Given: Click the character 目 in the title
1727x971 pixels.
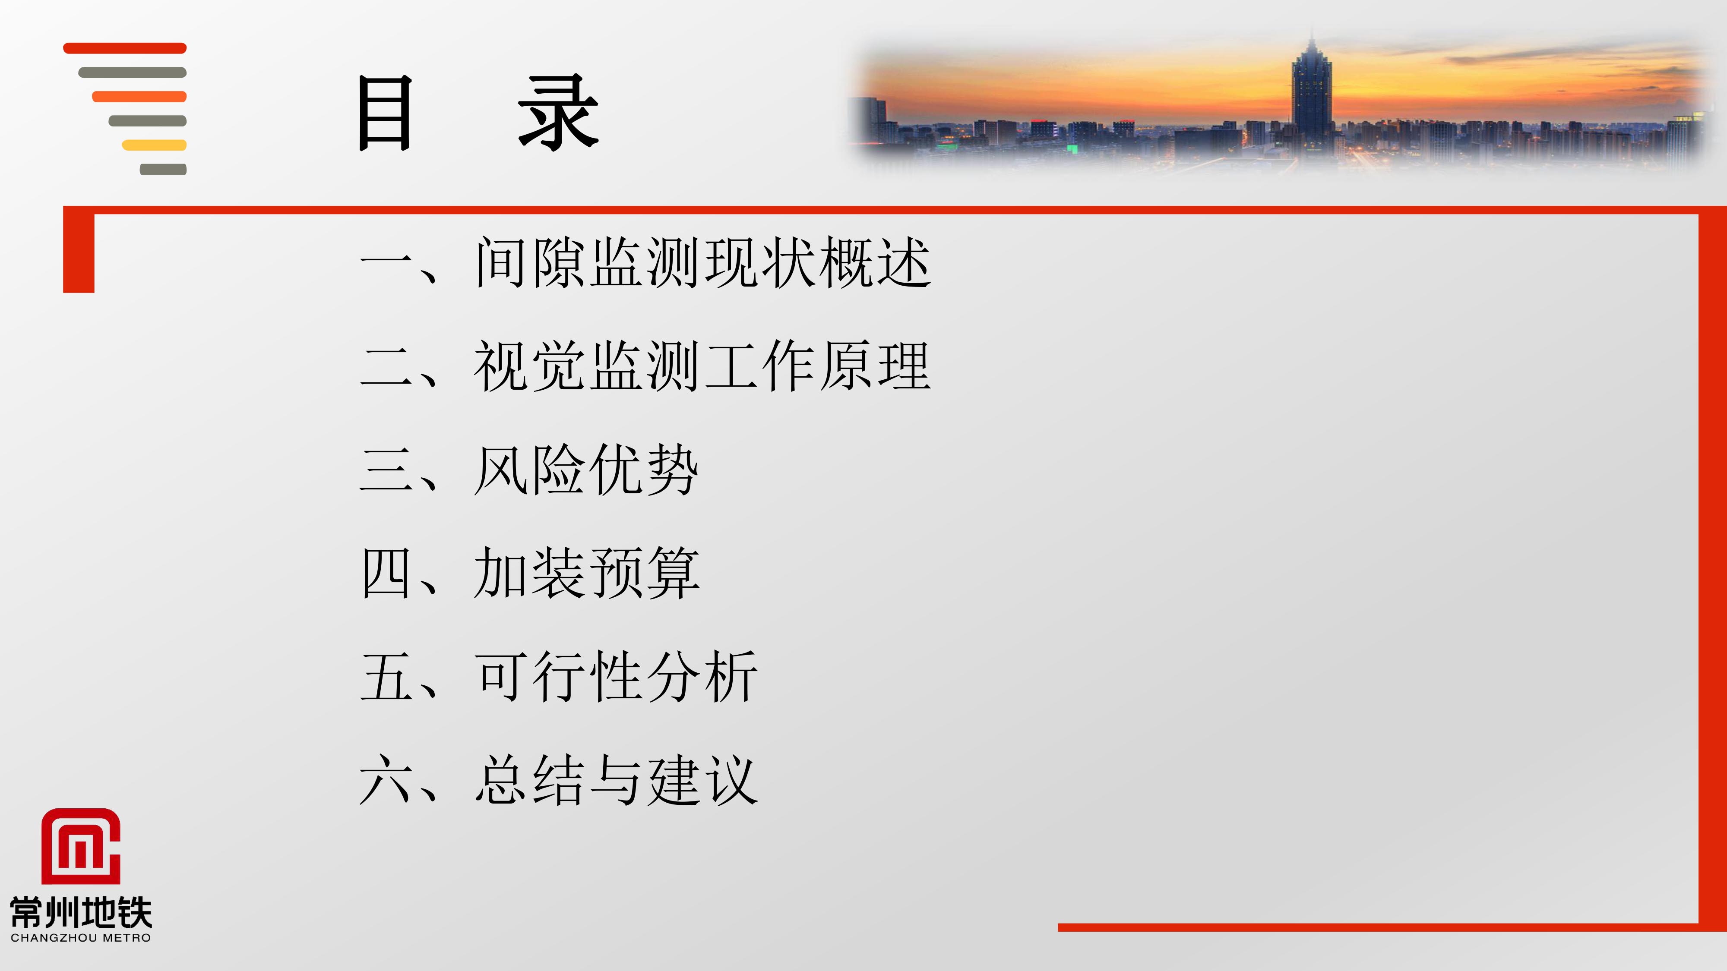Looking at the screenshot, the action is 384,113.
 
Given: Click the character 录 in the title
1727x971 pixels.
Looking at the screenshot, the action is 558,113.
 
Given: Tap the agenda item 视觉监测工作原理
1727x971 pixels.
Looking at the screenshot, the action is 702,366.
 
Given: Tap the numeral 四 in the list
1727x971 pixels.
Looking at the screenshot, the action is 386,573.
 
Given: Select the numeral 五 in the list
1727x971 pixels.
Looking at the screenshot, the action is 386,677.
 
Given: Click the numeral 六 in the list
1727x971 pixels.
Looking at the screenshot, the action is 386,779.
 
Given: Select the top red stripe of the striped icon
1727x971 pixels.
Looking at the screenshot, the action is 125,48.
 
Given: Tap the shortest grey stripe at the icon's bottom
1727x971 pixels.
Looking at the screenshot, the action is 163,170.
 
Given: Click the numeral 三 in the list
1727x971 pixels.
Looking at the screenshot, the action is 386,470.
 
